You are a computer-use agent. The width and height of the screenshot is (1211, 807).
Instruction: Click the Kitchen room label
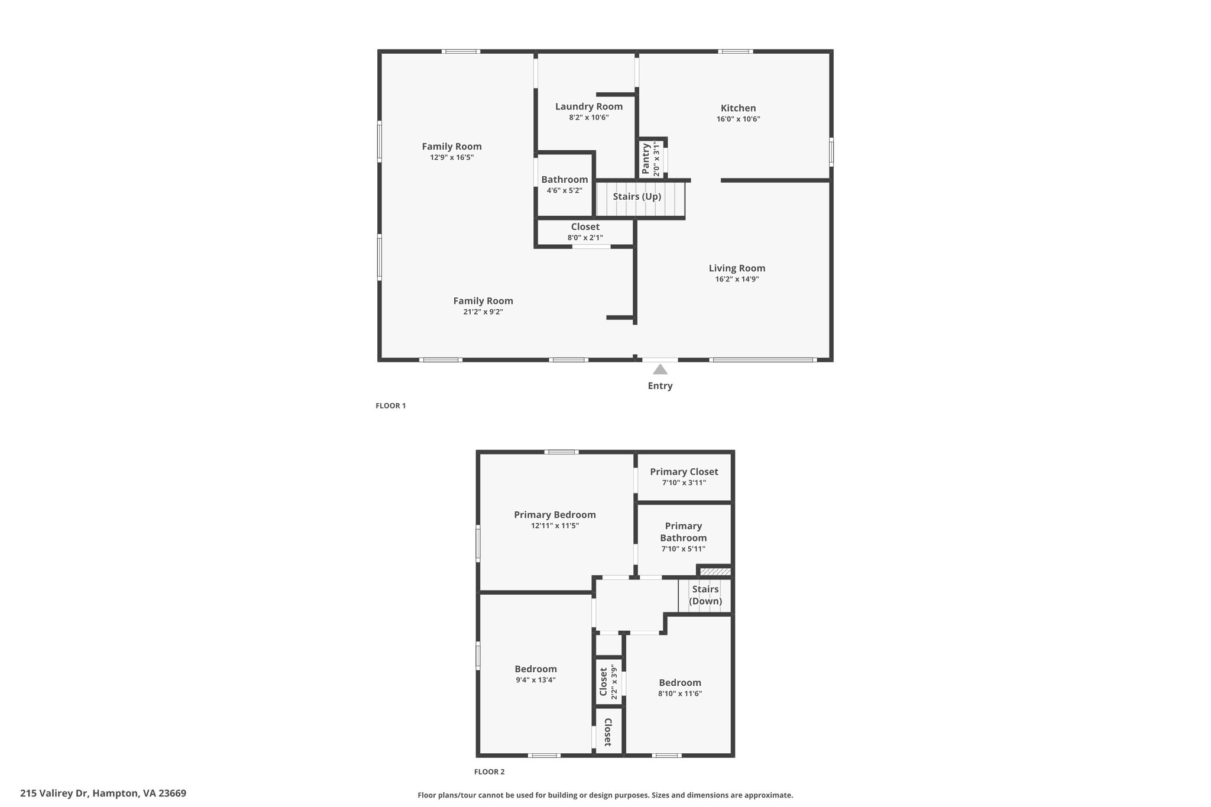(x=738, y=108)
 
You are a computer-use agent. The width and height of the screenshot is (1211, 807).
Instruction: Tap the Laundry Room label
(x=589, y=106)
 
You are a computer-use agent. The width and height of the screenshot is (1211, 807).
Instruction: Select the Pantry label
(x=646, y=158)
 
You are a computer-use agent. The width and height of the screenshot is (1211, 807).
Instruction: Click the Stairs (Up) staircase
(x=640, y=199)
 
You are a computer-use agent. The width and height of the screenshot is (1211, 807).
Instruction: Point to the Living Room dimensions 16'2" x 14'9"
(x=737, y=279)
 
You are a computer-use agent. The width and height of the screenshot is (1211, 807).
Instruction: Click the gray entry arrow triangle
(x=660, y=370)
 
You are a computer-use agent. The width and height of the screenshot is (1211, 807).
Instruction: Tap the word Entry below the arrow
(x=660, y=385)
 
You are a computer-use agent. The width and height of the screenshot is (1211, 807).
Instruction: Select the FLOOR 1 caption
(x=391, y=406)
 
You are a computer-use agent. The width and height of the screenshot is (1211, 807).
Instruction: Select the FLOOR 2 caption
(x=490, y=772)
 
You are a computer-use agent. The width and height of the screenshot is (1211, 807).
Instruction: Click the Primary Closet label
(x=684, y=472)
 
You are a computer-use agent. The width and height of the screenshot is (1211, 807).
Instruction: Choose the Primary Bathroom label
(x=684, y=532)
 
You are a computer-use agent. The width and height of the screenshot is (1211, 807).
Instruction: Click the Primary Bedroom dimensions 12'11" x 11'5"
(x=555, y=526)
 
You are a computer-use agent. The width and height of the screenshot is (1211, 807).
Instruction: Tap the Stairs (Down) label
(x=705, y=595)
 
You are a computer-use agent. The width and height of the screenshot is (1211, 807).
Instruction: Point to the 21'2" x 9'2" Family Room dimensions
(x=483, y=312)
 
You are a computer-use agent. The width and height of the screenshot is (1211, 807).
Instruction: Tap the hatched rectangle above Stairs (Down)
(x=715, y=572)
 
